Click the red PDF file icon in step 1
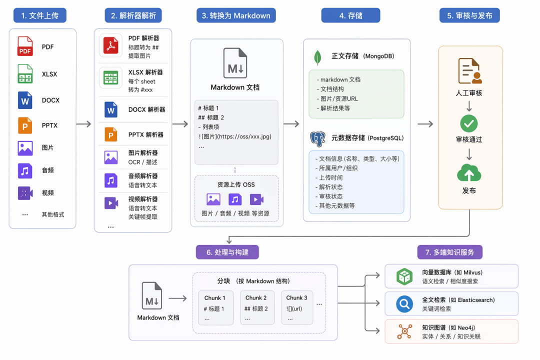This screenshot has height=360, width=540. coord(25,46)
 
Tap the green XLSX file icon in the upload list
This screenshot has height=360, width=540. coord(25,73)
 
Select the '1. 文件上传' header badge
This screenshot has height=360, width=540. coord(40,15)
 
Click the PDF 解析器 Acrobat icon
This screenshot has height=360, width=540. coord(111,45)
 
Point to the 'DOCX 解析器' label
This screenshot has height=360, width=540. coord(146,109)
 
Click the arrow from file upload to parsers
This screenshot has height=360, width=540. coord(83,123)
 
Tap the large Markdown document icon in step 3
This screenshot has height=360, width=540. coord(235,63)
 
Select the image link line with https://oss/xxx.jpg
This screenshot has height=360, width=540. coord(235,136)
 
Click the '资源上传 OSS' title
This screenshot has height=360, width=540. coord(236,184)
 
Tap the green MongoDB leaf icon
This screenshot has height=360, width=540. coord(317,57)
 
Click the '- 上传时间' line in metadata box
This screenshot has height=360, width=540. coord(329,178)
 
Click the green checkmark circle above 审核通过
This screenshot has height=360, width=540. coord(468,123)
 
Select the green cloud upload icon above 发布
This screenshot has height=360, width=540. coord(468,173)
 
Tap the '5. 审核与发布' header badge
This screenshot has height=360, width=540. coord(469,15)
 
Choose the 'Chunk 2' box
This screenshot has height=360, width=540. coord(257,307)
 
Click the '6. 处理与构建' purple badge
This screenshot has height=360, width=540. coord(227,252)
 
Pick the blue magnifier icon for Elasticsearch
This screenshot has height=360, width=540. coord(404,304)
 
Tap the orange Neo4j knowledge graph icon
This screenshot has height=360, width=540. coord(404,331)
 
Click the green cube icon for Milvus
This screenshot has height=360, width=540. coord(404,276)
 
